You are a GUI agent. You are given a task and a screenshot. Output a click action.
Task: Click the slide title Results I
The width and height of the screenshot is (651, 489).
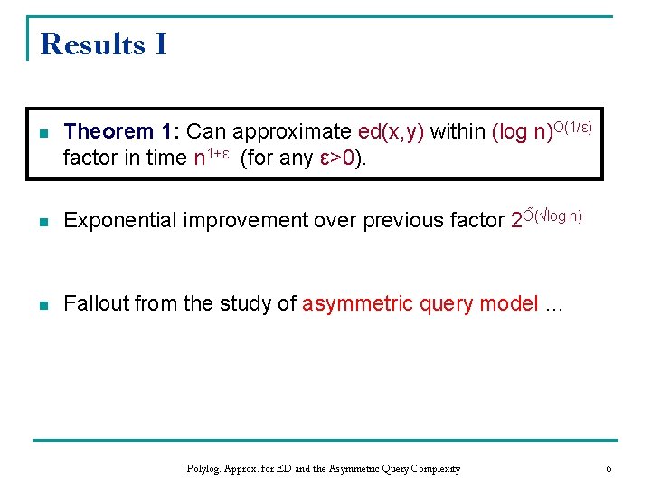104,44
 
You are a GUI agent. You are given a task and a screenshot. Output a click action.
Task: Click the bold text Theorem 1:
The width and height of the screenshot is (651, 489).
122,132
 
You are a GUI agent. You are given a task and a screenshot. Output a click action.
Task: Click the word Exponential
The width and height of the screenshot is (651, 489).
121,221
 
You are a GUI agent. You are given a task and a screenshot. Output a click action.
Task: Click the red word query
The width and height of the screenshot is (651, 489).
447,304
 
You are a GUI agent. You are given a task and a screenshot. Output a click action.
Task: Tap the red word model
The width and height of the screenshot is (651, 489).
510,304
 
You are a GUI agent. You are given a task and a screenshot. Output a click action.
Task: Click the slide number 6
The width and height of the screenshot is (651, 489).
609,469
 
